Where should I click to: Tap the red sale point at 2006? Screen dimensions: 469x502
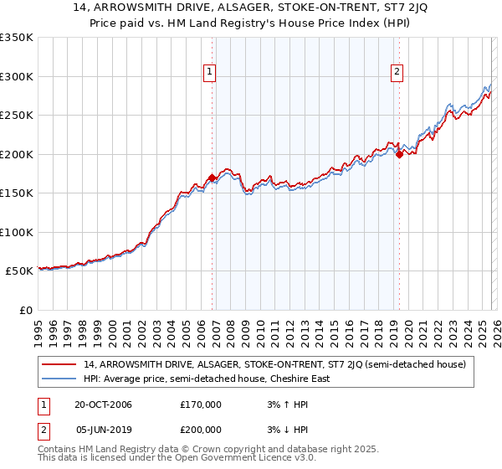tap(213, 178)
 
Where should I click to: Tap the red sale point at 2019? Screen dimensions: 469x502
tap(399, 154)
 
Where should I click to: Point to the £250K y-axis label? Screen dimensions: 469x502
tap(17, 116)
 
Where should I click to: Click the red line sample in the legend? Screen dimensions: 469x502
tap(60, 364)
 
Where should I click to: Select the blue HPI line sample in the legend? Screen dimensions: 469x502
tap(60, 379)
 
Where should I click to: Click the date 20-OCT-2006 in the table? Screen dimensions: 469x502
tap(103, 405)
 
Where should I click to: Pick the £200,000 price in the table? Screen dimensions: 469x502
tap(201, 429)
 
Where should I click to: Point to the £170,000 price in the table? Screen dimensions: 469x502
tap(201, 405)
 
